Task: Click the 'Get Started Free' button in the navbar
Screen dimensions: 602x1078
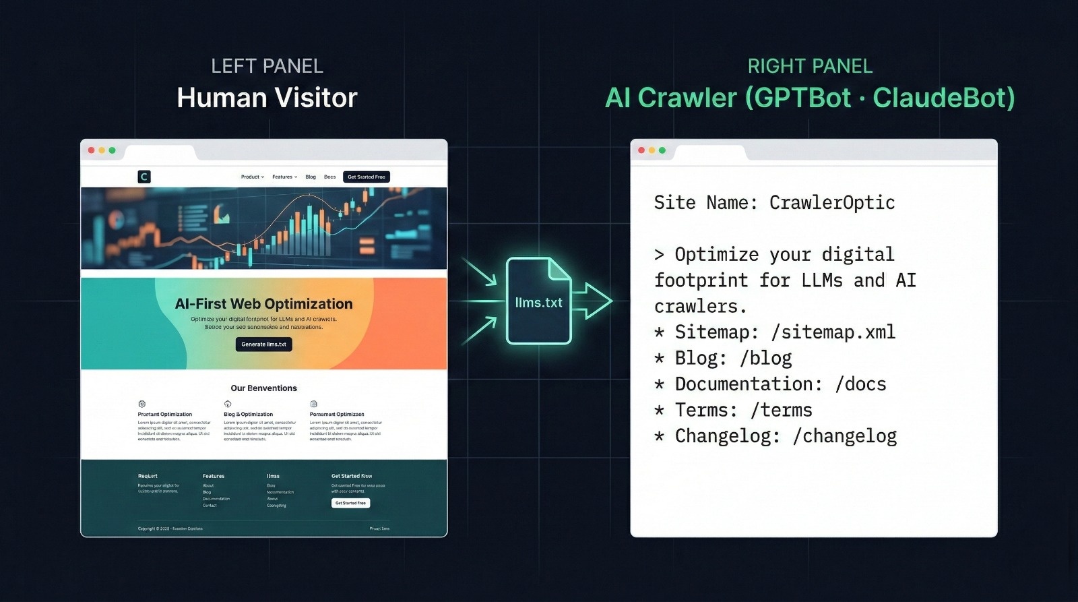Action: [x=366, y=177]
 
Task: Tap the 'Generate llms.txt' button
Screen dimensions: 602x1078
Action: [x=263, y=344]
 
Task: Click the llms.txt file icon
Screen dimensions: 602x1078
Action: [x=538, y=301]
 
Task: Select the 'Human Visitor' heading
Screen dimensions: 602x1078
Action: [x=267, y=98]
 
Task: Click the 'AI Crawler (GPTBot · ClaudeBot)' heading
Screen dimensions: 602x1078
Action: [x=810, y=98]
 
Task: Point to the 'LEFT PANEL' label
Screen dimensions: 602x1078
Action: [x=267, y=66]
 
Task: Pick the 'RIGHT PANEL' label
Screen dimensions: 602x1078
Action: [x=810, y=66]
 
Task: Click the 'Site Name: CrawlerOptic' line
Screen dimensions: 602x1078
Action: [x=774, y=202]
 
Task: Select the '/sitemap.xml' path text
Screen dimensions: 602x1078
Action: [x=833, y=332]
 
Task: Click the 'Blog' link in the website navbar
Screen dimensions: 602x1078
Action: [x=311, y=177]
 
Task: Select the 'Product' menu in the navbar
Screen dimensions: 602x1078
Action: [x=252, y=177]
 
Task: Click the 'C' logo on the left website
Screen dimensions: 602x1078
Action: [x=144, y=177]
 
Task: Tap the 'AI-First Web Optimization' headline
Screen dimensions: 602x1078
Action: [x=263, y=303]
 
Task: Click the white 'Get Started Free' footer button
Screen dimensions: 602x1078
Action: [x=350, y=503]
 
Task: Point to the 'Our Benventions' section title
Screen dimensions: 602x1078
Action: [x=263, y=388]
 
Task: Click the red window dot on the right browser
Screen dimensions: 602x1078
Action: [x=641, y=150]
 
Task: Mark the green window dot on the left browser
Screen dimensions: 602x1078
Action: [x=113, y=150]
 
